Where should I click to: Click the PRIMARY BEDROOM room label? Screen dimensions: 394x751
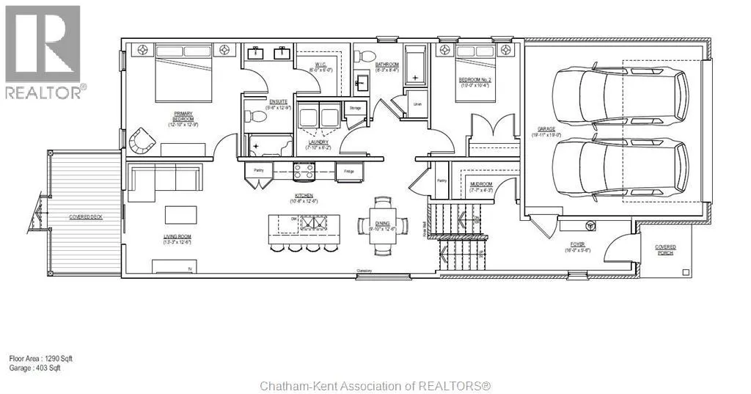[183, 117]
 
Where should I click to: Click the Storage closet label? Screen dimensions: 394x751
[356, 108]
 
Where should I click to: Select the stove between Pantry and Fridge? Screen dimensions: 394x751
[304, 172]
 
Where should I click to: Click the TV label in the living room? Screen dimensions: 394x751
[189, 270]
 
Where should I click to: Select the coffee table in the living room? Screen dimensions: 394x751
[180, 214]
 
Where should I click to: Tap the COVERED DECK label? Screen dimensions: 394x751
[84, 217]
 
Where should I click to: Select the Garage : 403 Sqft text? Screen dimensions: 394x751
[34, 368]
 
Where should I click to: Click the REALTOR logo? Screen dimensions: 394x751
[43, 51]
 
